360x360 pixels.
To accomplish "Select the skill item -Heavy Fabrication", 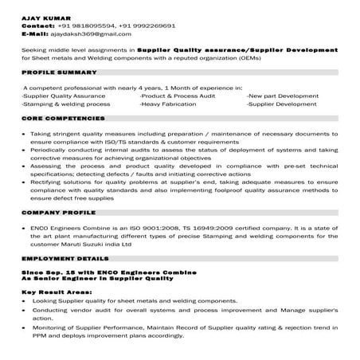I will pyautogui.click(x=170, y=103).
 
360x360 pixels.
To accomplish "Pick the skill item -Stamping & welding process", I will pyautogui.click(x=63, y=103).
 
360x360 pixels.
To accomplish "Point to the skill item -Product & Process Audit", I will pyautogui.click(x=177, y=94).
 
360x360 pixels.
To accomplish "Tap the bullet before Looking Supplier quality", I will pyautogui.click(x=27, y=301).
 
